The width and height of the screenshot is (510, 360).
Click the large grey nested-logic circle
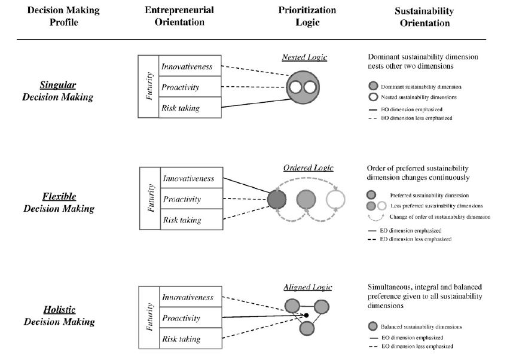[303, 88]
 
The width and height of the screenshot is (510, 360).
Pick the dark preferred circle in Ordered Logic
[277, 198]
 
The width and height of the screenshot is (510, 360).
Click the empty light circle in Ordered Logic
[336, 198]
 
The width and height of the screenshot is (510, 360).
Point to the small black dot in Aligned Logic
[306, 315]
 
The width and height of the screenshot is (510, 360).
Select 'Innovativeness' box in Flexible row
[187, 178]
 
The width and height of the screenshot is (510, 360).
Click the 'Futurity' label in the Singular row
[149, 86]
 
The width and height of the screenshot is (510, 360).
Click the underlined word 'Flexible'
[59, 196]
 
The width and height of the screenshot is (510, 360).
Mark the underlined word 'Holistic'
[59, 310]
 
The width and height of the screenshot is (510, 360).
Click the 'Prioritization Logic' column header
[307, 17]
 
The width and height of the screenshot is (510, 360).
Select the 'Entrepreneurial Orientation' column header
[179, 17]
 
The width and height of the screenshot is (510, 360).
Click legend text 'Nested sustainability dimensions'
[417, 97]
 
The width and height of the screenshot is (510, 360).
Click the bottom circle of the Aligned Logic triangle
[307, 328]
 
